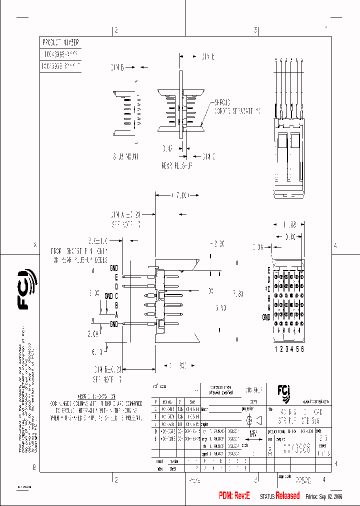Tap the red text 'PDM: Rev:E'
tap(237, 495)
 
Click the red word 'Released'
tap(287, 495)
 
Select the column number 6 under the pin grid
tap(302, 349)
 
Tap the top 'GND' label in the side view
tap(114, 269)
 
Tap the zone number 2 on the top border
tap(116, 30)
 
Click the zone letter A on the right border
tap(335, 245)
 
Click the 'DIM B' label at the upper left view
tap(117, 66)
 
